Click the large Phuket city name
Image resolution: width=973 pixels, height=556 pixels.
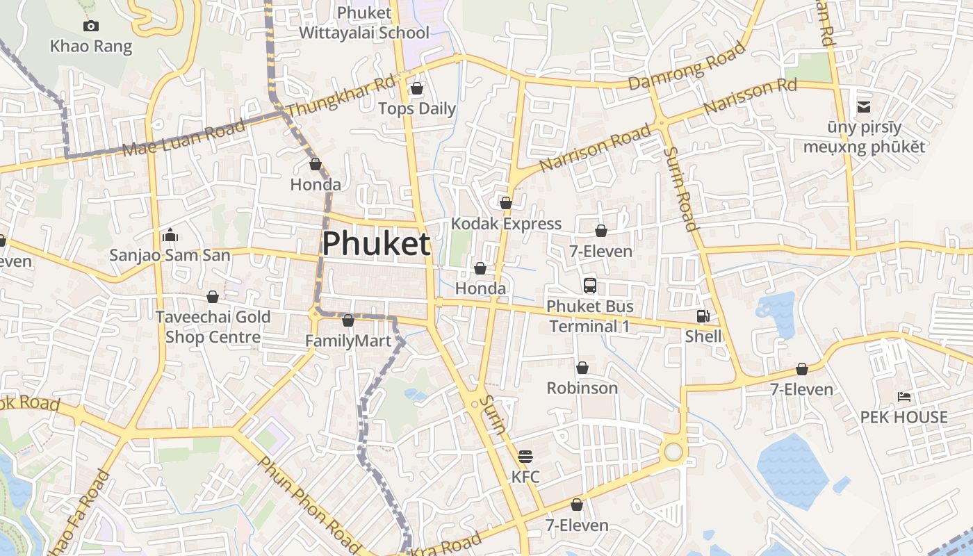click(376, 244)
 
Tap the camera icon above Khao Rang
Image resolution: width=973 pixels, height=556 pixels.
click(90, 26)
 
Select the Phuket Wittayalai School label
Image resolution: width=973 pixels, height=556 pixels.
click(364, 22)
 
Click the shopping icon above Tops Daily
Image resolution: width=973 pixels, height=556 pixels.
click(417, 88)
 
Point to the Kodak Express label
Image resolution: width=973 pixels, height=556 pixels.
click(506, 224)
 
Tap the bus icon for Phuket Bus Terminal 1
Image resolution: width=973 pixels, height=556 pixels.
click(590, 285)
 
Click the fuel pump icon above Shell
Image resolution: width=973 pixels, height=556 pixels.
click(703, 316)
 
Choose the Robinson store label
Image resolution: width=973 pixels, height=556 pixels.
click(582, 388)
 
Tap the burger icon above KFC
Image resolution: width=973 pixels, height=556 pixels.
click(525, 457)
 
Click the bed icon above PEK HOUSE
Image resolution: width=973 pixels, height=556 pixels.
click(904, 397)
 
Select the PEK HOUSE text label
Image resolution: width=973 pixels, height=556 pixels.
click(904, 417)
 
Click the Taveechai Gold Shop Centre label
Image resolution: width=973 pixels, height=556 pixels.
click(213, 327)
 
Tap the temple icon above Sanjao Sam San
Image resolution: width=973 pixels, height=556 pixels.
click(170, 235)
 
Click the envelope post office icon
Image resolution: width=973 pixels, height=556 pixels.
click(864, 107)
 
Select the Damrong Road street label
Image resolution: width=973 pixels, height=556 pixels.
click(687, 67)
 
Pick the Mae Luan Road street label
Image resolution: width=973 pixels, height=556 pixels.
click(183, 138)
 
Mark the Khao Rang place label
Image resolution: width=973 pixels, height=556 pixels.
click(91, 47)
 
